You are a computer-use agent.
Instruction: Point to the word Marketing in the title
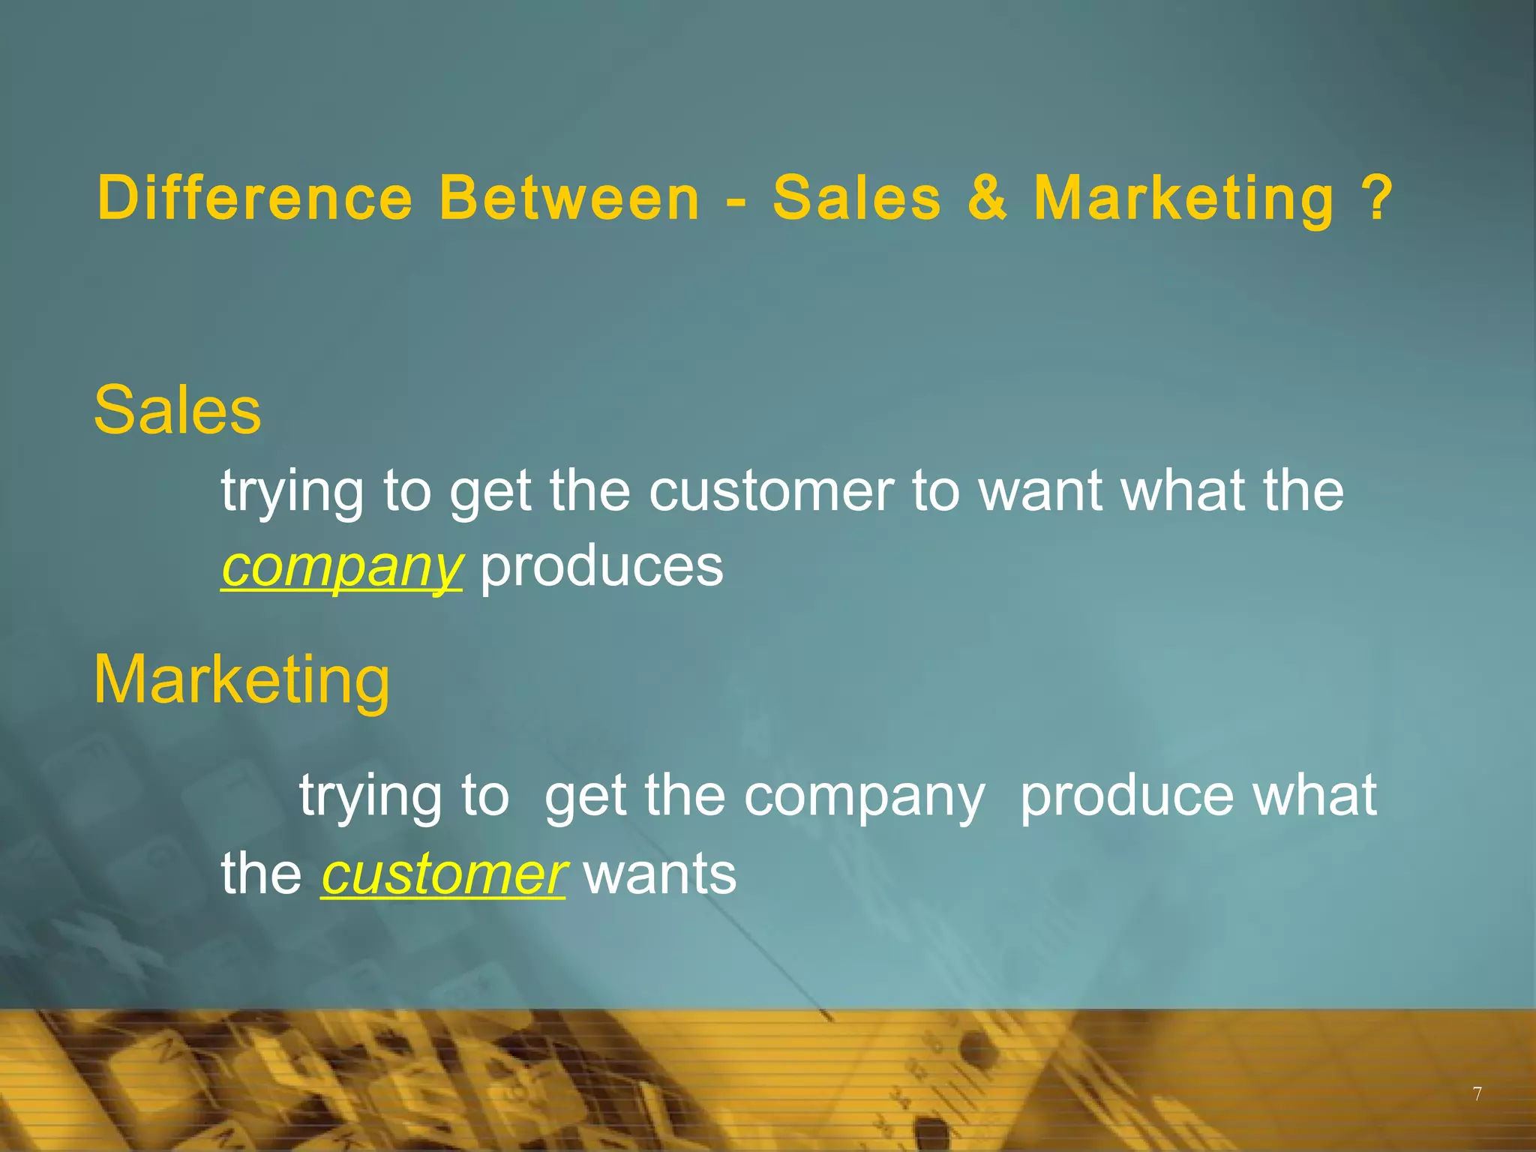1184,199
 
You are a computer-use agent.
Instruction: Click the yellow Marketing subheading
241,679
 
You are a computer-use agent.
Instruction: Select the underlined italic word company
341,567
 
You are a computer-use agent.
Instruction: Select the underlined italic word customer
443,874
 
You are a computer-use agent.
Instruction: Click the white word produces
601,567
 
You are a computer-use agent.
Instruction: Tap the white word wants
660,874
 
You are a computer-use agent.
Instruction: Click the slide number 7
1477,1094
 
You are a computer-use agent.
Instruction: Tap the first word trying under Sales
292,492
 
